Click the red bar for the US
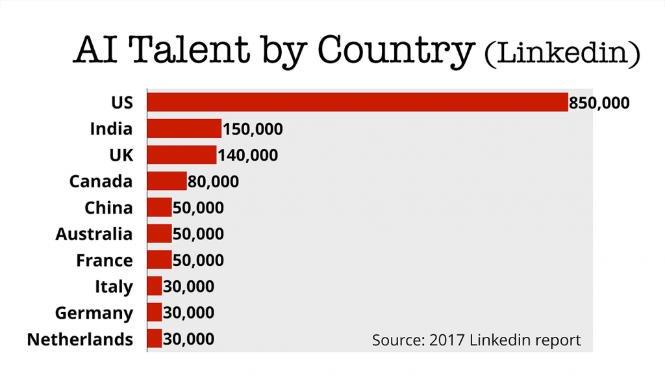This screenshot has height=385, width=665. point(357,102)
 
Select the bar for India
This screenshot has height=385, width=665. point(184,128)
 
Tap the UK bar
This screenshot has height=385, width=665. point(182,155)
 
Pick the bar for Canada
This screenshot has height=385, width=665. point(167,181)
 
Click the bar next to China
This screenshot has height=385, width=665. point(160,207)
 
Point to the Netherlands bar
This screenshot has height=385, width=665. point(155,338)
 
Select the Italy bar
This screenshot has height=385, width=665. point(155,286)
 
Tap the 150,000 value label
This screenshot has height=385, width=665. point(253,129)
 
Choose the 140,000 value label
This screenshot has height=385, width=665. point(248,155)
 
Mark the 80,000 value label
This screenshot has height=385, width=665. point(213,181)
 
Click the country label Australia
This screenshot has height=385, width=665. point(94,233)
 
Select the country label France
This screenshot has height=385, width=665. point(104,260)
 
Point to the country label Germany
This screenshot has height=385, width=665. point(94,313)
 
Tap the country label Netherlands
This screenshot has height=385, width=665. point(80,339)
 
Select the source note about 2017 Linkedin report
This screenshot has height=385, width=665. point(476,339)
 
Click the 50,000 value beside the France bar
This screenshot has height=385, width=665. point(198,260)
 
